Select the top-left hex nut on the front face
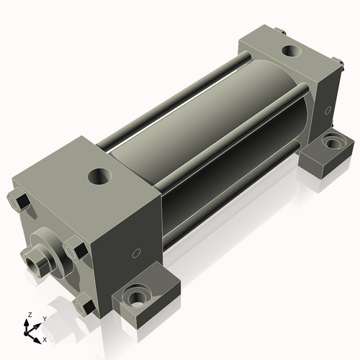tap(20, 202)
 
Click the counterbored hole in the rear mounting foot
tap(333, 142)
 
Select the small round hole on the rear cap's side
tap(328, 110)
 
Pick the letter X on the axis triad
tap(45, 338)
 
